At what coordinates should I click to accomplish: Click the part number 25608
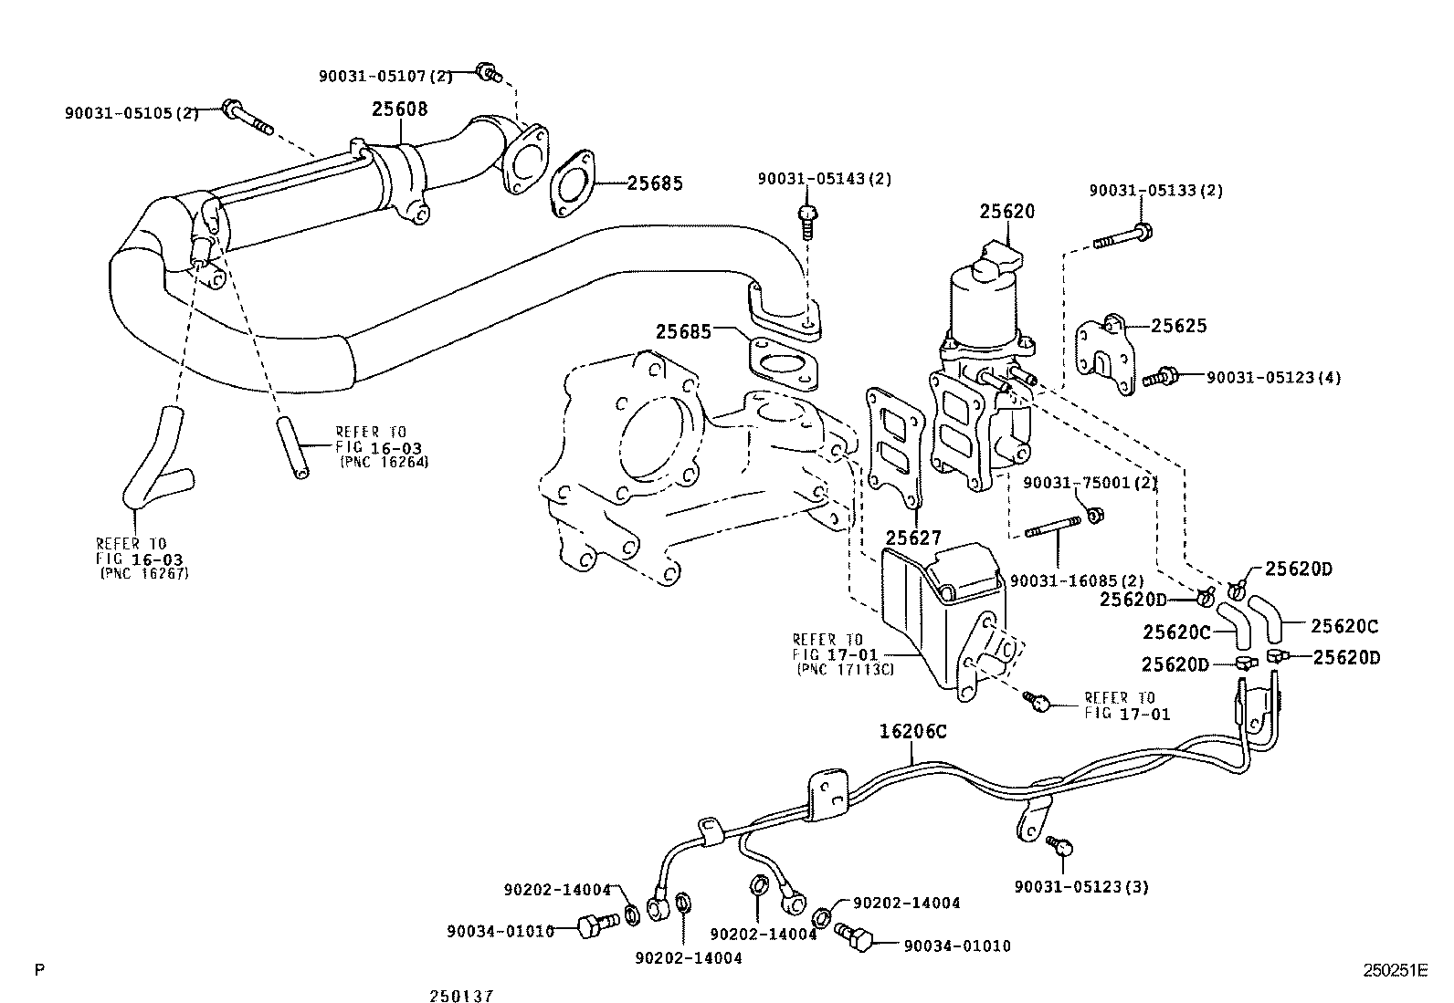coord(399,110)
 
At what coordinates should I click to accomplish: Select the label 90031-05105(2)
coord(132,112)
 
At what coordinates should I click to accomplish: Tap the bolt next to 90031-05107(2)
coord(488,72)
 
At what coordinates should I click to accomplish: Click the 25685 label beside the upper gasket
coord(654,183)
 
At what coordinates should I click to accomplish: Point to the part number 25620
coord(1007,212)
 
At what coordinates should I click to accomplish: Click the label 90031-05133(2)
coord(1155,191)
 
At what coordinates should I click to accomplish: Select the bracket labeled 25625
coord(1105,355)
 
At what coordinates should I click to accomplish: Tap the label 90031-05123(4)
coord(1273,377)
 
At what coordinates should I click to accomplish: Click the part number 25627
coord(912,538)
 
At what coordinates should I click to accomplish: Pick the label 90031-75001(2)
coord(1090,483)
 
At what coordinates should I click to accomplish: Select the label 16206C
coord(913,731)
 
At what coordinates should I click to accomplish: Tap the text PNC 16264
coord(384,462)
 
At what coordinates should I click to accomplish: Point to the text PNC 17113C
coord(845,669)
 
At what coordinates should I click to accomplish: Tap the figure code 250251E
coord(1395,971)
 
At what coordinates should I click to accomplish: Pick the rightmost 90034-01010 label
coord(957,946)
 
